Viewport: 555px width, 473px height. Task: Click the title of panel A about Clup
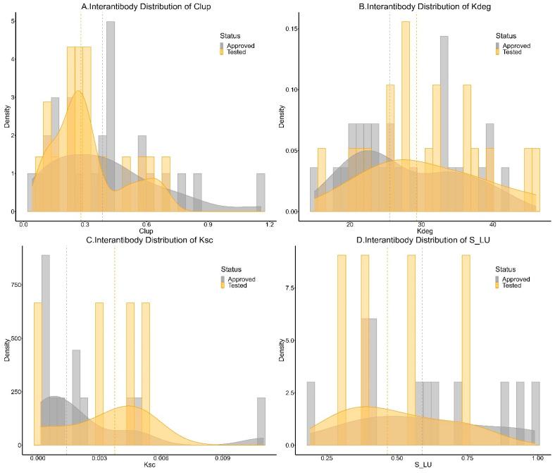(147, 7)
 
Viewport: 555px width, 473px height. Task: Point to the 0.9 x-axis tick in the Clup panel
(208, 224)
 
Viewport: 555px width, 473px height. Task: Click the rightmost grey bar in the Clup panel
(261, 192)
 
